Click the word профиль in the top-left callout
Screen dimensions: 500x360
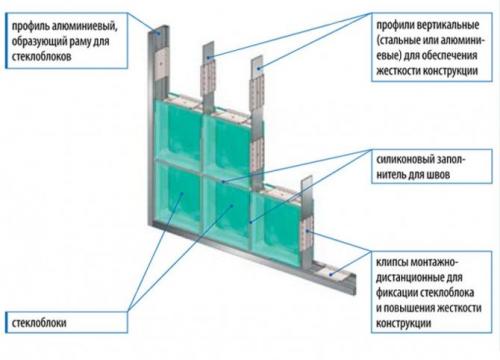pos(30,26)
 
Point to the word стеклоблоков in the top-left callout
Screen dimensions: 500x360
pos(41,56)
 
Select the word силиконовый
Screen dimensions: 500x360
pos(401,160)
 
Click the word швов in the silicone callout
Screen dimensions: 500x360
pos(438,175)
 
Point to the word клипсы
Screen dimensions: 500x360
pos(392,263)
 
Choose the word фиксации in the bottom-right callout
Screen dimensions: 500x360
pos(396,293)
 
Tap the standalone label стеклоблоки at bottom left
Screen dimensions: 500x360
pos(39,323)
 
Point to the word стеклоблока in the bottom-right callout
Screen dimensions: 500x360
pos(447,293)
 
